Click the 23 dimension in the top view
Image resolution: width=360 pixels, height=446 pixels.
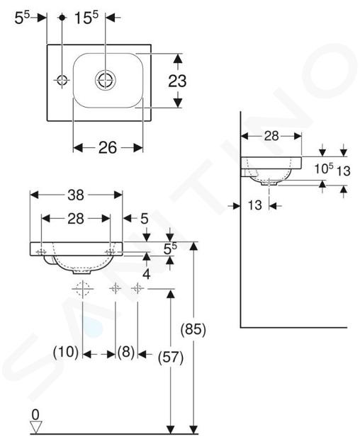[177, 81]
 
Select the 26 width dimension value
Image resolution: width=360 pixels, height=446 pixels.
[108, 148]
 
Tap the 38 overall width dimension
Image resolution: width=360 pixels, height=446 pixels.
[76, 195]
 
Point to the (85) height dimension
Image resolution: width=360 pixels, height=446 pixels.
[193, 329]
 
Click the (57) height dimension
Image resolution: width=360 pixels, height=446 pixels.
[171, 358]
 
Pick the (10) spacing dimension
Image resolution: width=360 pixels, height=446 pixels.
[66, 352]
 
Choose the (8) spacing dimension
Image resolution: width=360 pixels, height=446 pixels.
[126, 353]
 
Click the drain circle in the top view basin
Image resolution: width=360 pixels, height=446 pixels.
[106, 80]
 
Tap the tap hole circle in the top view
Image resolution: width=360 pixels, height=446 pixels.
[62, 80]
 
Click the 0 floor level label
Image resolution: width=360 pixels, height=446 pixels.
[35, 415]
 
